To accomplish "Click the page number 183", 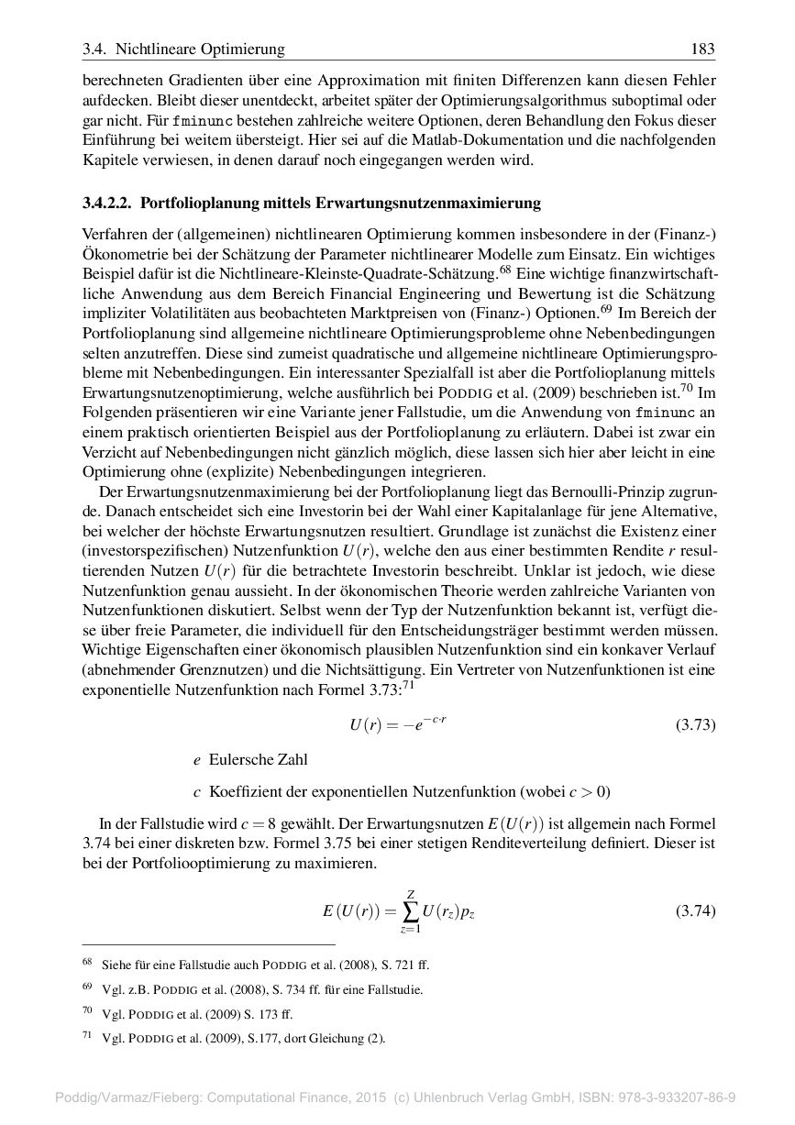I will coord(702,49).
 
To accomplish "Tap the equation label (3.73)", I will coord(695,725).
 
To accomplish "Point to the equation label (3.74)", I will coord(695,911).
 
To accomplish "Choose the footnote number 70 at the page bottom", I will coord(87,1011).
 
